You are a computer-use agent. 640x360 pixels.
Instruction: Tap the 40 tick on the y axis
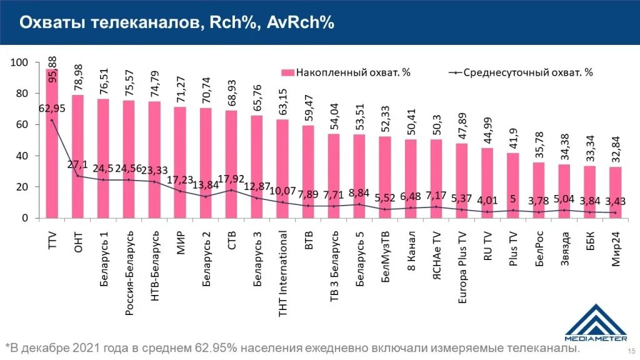point(23,156)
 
